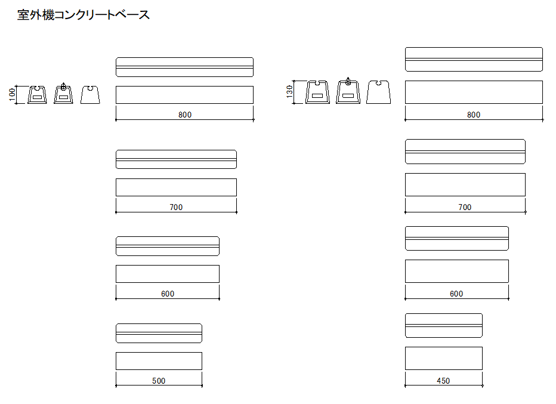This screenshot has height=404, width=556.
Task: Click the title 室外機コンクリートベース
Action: point(84,16)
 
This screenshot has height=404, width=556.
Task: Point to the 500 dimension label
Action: point(159,381)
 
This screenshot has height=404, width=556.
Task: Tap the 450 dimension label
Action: point(443,381)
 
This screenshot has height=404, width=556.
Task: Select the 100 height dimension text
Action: point(11,94)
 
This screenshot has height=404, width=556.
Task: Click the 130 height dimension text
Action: point(289,91)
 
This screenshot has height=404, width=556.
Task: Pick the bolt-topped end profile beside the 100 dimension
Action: point(63,94)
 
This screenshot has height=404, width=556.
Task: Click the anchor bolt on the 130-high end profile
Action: point(348,82)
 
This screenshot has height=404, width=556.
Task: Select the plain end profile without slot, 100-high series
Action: point(90,94)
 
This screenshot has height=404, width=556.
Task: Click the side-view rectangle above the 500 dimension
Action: point(159,361)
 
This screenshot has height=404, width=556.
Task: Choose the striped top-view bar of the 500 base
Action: point(159,333)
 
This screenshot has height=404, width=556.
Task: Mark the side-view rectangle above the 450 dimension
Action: point(443,358)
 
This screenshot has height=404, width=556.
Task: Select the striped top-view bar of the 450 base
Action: point(443,325)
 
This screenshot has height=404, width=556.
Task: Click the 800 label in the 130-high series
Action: point(474,115)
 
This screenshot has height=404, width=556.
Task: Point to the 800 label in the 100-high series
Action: point(185,115)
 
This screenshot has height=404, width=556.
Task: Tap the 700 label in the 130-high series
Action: point(465,208)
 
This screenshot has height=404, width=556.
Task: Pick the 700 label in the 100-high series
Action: point(176,208)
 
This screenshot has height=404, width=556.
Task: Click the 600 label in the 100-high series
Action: point(168,294)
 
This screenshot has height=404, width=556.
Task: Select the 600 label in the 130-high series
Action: point(456,294)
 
